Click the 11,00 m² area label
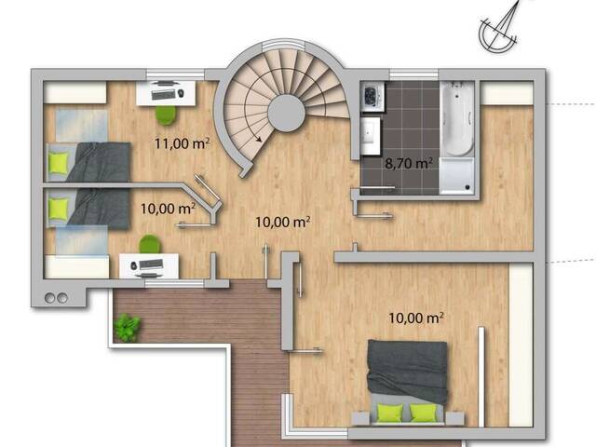coord(183,143)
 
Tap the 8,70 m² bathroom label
coord(409,164)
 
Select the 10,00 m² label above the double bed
coord(416,318)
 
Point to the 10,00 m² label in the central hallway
coord(282,222)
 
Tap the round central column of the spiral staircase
coord(286,113)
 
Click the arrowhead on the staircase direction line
coord(259,139)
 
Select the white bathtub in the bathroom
coord(457,118)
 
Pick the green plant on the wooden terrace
coord(128,327)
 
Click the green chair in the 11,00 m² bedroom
coord(167,115)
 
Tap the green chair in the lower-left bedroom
coord(150,244)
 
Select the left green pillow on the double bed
coord(389,413)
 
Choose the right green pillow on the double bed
coord(423,413)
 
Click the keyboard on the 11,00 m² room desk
coord(163,94)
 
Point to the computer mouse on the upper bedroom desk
coord(181,92)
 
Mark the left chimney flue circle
coord(49,298)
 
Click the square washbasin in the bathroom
coord(370,136)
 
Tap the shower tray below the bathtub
coord(457,176)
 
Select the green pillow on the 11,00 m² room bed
coord(59,163)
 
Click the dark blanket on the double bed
coord(407,372)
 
